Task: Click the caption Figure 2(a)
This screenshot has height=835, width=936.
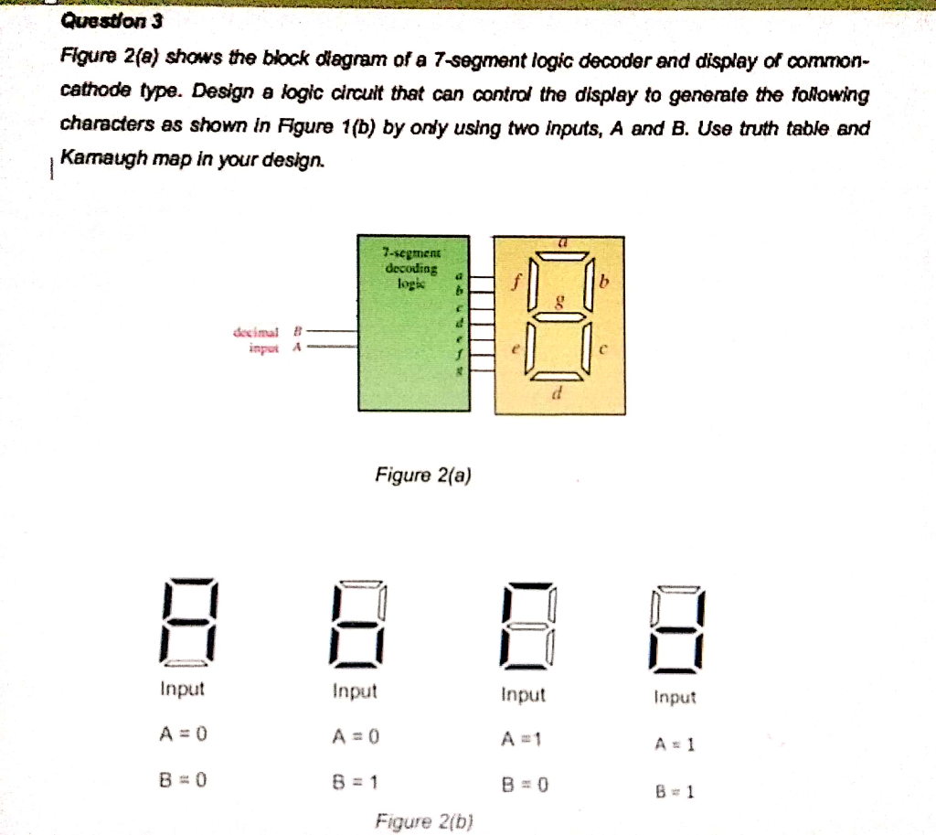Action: coord(423,476)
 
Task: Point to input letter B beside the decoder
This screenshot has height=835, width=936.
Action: coord(295,333)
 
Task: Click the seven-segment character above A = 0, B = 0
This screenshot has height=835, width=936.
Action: coord(187,622)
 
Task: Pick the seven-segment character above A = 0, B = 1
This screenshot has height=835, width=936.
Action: coord(358,623)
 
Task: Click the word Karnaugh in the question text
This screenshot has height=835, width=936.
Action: coord(98,159)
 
